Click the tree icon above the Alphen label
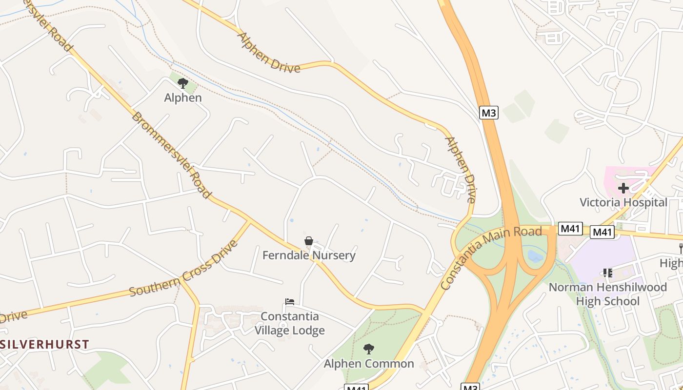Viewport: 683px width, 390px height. pos(183,83)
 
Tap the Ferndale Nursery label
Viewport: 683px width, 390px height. pos(309,255)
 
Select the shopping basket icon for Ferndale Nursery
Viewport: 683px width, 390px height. pos(308,241)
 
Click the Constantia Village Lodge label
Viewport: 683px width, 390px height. pos(290,323)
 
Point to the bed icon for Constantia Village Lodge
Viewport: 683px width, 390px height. pos(290,302)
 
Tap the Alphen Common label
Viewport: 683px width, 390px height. pos(369,364)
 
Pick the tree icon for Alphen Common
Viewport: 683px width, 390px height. pos(369,349)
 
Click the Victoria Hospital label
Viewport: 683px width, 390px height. pos(623,202)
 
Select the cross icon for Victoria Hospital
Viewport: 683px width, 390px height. pos(623,188)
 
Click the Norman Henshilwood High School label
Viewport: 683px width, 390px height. pos(607,294)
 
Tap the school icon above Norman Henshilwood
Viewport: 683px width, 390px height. pos(607,273)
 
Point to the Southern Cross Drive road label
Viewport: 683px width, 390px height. pos(183,268)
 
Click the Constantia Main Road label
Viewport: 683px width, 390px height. pos(491,258)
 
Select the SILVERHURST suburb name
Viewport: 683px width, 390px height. pos(45,344)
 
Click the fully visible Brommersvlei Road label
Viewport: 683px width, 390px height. pos(171,155)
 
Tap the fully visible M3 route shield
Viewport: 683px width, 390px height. pos(489,113)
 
